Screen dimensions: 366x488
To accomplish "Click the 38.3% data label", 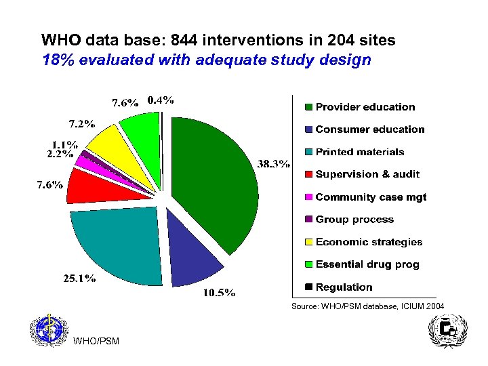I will (274, 163).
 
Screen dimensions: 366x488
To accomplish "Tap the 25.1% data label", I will (79, 278).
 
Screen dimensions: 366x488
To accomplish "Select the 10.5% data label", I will (220, 293).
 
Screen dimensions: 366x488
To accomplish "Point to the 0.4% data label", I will (161, 100).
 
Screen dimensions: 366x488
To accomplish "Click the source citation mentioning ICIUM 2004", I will (367, 307).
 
